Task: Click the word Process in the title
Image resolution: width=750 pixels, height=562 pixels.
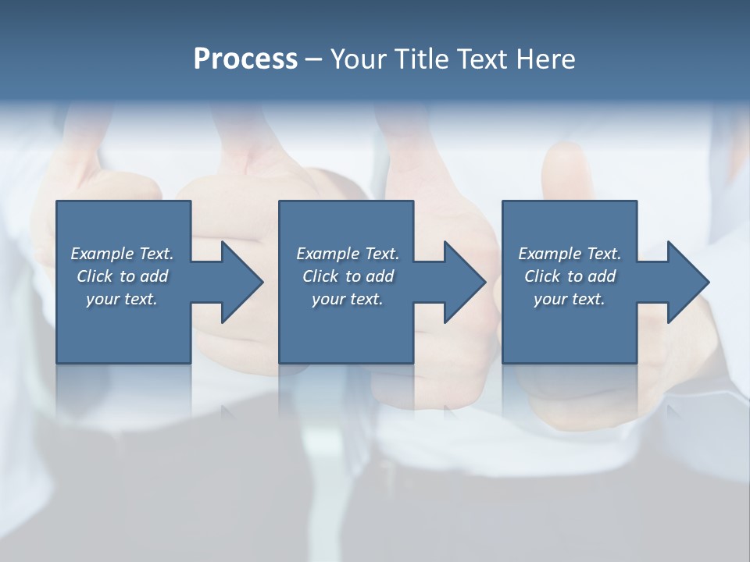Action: pos(245,59)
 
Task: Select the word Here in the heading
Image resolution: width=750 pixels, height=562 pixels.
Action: pos(545,59)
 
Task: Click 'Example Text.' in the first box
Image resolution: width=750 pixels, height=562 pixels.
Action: pos(122,254)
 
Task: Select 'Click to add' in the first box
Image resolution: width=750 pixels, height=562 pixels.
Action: pos(122,276)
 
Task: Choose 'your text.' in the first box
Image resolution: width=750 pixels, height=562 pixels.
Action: pos(122,299)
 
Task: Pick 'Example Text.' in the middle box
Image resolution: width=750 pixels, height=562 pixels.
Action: pos(348,254)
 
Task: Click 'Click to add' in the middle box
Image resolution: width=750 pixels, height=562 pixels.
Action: pos(348,276)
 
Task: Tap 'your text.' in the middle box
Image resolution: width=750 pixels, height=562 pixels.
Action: pos(348,299)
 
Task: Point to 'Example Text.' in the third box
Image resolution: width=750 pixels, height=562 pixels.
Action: pos(570,254)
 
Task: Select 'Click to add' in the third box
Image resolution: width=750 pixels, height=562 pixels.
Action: pos(570,276)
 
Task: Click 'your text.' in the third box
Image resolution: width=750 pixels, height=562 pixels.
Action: pos(570,299)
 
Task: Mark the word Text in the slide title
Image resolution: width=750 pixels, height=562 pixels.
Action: pos(483,59)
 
